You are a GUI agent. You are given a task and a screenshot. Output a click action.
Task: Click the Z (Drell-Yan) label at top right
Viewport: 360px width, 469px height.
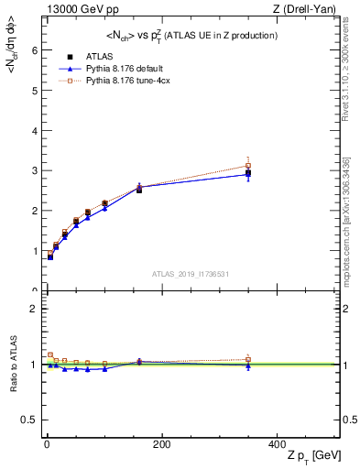click(307, 9)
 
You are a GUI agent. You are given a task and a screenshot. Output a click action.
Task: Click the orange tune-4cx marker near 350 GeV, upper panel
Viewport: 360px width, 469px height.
click(248, 166)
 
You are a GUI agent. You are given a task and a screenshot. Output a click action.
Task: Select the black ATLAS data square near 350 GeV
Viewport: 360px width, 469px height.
click(248, 173)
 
